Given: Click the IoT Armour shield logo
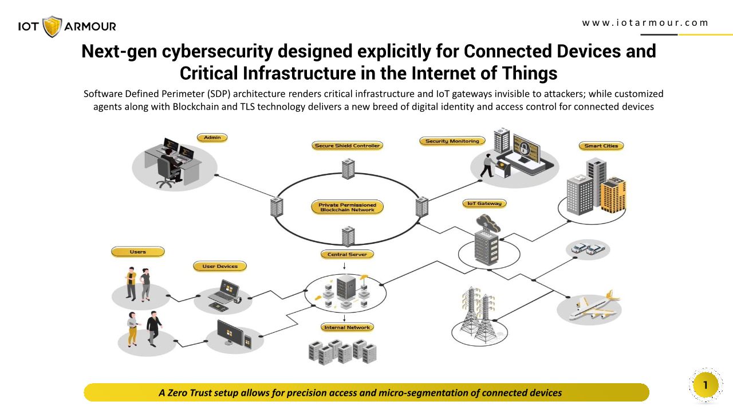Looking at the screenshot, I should (52, 26).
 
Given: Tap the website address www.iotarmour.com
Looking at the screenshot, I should (645, 23).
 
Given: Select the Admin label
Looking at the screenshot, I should (212, 138).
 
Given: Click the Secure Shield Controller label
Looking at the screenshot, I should (348, 146).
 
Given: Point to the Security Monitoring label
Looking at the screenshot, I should (452, 141).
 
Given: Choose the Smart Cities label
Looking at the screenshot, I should (601, 146).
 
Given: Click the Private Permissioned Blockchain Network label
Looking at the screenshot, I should (348, 207).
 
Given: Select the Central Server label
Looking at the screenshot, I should (347, 254).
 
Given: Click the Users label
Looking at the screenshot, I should (137, 252).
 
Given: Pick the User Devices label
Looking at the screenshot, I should (220, 266).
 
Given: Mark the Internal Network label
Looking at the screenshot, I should (347, 328).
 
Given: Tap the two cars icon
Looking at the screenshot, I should (588, 249).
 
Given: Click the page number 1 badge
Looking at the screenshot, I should (706, 385).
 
